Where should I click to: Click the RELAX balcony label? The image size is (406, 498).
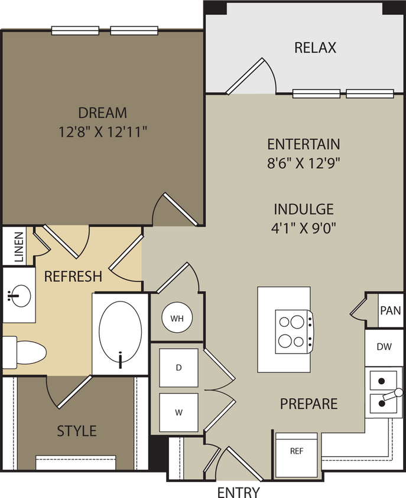point(315,48)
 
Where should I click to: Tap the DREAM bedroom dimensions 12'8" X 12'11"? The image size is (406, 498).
point(103,132)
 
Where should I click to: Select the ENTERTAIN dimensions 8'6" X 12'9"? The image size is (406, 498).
point(304,163)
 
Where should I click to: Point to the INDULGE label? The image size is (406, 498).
point(304,209)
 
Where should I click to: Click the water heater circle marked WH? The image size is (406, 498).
point(177,319)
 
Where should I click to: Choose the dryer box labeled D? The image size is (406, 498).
point(178,368)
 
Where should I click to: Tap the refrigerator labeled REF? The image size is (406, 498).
point(297,451)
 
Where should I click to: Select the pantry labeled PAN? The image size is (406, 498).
point(389,310)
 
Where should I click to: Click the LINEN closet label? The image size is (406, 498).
point(18,246)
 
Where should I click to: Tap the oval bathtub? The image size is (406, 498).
point(120,334)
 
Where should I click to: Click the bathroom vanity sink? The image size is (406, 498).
point(18,293)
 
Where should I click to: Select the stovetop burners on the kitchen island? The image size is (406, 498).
point(293,331)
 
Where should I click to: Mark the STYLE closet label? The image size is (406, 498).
point(77,431)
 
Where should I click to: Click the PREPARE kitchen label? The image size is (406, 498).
point(308,404)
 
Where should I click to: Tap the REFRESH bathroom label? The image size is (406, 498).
point(73,276)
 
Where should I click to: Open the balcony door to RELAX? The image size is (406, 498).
point(251,77)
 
